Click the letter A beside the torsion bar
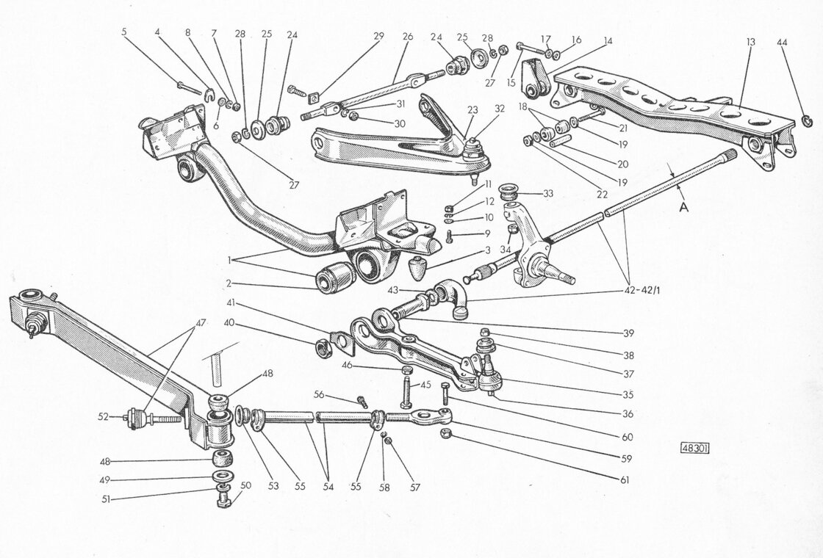684,208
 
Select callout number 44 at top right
782,43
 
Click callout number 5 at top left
124,32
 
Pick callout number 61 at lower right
625,480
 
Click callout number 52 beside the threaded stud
104,417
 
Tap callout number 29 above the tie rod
378,36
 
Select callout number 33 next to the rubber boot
548,194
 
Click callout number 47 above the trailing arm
201,323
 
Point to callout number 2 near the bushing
229,283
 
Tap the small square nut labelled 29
316,95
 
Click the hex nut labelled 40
323,347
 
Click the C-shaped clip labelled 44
808,122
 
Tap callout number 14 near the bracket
608,40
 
